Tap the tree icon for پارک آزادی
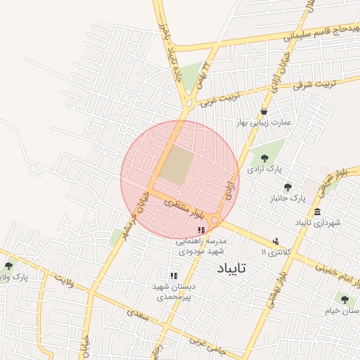pyautogui.click(x=264, y=159)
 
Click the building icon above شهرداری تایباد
pyautogui.click(x=318, y=212)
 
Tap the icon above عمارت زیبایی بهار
pyautogui.click(x=264, y=111)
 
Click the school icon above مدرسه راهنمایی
pyautogui.click(x=202, y=230)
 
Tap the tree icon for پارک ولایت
pyautogui.click(x=8, y=266)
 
